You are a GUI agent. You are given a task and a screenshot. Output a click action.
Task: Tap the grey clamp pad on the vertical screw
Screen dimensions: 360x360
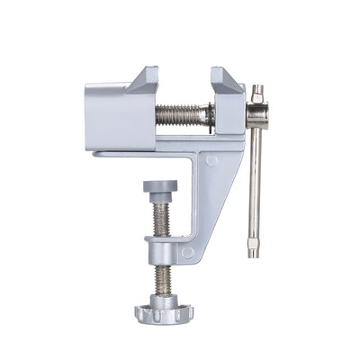click(159, 185)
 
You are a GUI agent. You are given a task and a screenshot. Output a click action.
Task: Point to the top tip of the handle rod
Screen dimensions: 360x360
click(258, 90)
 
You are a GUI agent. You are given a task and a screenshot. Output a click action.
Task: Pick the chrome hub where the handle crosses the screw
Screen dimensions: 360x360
click(256, 114)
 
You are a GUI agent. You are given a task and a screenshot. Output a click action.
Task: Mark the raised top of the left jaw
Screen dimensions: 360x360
click(141, 80)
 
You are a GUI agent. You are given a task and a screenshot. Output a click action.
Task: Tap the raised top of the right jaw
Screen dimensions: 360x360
click(226, 78)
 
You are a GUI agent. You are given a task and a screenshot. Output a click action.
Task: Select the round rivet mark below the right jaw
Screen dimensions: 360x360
click(211, 161)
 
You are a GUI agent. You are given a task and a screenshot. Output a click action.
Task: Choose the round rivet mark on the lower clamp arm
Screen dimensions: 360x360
click(188, 253)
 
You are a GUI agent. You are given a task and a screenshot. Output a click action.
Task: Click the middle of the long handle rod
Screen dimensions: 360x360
click(256, 180)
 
